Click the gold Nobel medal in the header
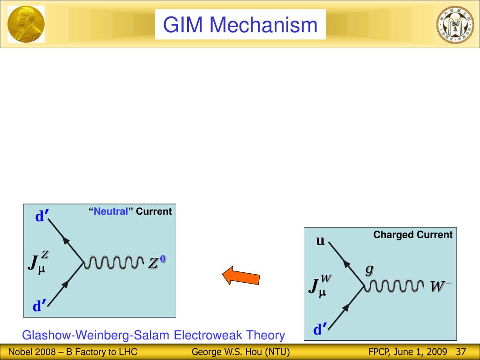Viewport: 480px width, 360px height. coord(26,24)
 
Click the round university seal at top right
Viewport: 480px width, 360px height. coord(455,24)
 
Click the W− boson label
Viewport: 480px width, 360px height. coord(441,286)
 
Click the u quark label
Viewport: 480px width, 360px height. coord(321,241)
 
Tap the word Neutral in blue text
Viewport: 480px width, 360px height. coord(111,211)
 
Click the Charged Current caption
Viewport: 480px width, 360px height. coord(413,235)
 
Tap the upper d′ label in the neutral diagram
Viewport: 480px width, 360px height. coord(42,217)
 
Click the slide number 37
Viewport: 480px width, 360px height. coord(460,352)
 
